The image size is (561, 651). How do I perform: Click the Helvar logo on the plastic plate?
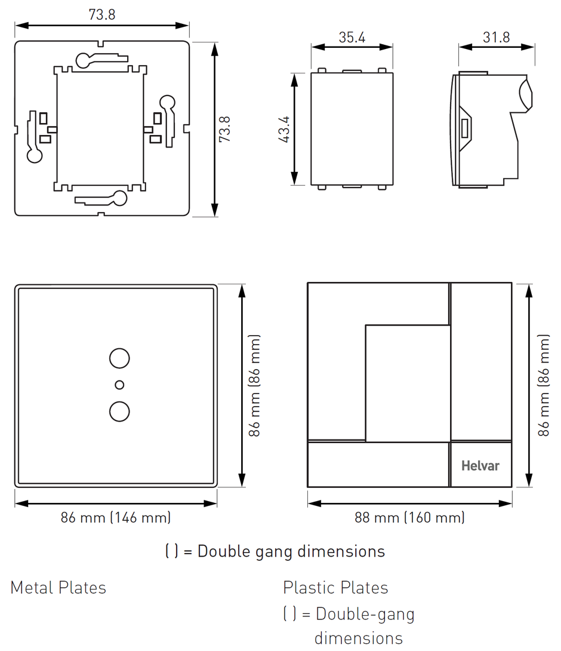[480, 465]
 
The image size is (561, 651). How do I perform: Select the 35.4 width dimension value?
[352, 37]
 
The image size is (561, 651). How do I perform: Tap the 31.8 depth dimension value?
[496, 37]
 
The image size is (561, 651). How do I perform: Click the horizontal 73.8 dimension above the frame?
[102, 15]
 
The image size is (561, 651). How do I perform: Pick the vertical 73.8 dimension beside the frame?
[225, 129]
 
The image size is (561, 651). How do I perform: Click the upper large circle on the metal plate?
[119, 358]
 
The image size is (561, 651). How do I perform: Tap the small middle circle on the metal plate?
[119, 385]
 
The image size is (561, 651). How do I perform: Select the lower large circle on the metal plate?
[119, 412]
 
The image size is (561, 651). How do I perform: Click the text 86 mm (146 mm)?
[116, 517]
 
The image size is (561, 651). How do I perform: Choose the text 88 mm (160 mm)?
[409, 517]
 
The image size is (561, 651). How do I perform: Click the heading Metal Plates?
[58, 588]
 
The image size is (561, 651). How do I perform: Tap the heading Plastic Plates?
[335, 588]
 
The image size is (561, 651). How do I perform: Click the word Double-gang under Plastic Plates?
[365, 613]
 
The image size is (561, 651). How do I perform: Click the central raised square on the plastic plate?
[407, 382]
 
